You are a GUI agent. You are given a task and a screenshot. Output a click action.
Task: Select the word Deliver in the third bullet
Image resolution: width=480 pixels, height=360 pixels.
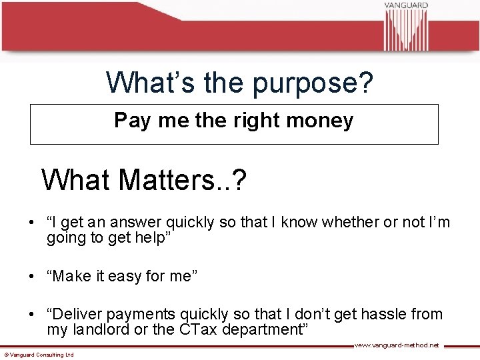[81, 314]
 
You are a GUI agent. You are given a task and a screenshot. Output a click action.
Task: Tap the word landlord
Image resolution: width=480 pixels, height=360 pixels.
[103, 330]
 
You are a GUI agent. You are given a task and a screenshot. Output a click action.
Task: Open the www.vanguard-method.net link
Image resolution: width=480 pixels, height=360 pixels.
[396, 345]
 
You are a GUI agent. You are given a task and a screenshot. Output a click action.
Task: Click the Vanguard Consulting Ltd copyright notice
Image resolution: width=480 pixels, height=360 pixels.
[39, 355]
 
